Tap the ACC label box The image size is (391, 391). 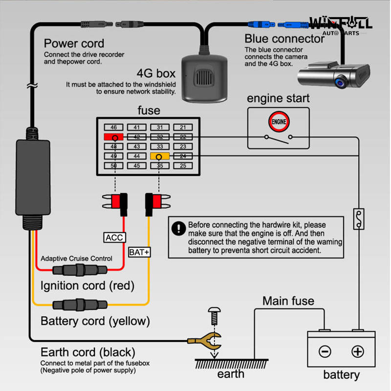point(115,238)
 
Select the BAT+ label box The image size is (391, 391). point(140,252)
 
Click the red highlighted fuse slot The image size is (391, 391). point(113,137)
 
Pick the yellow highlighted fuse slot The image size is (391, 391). point(160,156)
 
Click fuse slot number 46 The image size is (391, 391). point(113,128)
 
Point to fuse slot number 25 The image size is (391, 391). point(183,166)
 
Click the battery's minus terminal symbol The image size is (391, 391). point(325,351)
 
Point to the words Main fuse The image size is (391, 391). point(288,301)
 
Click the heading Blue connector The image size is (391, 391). point(284,39)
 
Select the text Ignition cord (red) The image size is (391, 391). point(87,285)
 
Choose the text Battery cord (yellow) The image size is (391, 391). point(95,321)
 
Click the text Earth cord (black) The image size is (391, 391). point(87,352)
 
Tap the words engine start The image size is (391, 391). point(278,98)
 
